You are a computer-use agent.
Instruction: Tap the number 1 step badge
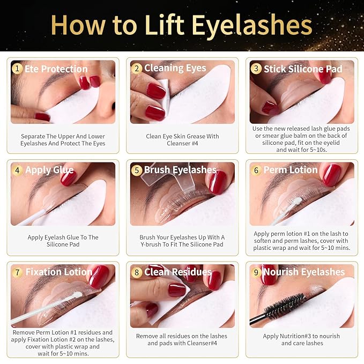[x=18, y=69]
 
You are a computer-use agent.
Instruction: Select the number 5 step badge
[x=137, y=170]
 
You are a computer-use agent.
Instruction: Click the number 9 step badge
[x=256, y=272]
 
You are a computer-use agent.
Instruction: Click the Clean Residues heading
[x=177, y=272]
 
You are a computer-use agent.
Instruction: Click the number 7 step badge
[x=18, y=272]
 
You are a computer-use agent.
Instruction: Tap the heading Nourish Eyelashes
[x=303, y=272]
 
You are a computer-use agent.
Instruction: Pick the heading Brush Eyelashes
[x=180, y=170]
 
